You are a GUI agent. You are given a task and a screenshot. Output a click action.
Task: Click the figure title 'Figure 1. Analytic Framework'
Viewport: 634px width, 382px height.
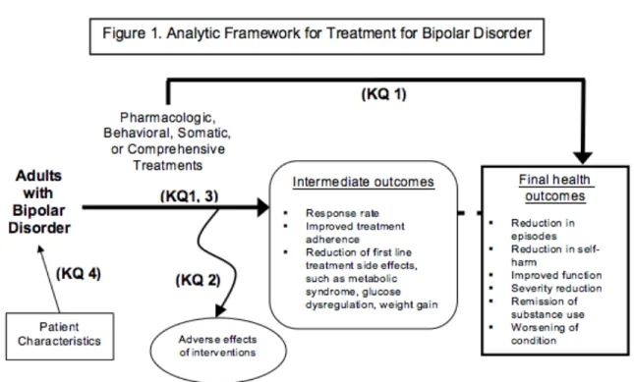[x=202, y=33]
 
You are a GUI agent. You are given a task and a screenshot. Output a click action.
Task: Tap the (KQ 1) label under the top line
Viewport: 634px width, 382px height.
[x=383, y=94]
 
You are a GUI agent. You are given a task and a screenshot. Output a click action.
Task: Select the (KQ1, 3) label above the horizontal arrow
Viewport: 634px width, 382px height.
[x=190, y=196]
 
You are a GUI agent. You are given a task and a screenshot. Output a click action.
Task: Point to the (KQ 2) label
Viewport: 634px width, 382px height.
[x=199, y=280]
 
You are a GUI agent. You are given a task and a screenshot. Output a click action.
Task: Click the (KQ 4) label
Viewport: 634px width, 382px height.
[x=79, y=273]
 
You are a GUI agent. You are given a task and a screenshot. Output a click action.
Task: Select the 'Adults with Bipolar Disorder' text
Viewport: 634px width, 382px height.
[x=39, y=201]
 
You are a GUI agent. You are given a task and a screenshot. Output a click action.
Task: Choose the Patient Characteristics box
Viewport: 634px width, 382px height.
[x=60, y=337]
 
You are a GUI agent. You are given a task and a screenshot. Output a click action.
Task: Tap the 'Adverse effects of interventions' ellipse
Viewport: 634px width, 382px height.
[x=218, y=350]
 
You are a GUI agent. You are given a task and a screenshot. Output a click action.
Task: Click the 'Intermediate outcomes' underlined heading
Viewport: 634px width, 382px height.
[x=364, y=182]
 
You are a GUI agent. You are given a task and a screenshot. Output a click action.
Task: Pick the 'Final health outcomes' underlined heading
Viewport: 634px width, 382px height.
[x=554, y=188]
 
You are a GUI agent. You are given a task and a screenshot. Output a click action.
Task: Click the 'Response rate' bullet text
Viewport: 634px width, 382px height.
[x=342, y=213]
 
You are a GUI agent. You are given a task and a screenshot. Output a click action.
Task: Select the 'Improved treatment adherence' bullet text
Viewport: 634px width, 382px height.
[x=355, y=233]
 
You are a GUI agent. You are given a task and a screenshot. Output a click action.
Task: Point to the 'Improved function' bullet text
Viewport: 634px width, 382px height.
[x=556, y=275]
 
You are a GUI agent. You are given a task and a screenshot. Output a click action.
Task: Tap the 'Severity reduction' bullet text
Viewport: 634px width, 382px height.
[x=556, y=289]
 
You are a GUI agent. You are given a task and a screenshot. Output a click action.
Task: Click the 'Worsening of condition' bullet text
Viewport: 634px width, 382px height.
[x=545, y=334]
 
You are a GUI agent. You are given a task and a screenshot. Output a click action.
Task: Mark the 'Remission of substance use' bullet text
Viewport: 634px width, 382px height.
[x=548, y=307]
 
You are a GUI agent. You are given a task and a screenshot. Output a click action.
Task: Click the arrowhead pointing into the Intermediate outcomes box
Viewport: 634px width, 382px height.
[x=263, y=207]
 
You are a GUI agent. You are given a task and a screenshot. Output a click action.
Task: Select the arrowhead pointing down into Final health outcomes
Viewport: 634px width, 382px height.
[x=583, y=158]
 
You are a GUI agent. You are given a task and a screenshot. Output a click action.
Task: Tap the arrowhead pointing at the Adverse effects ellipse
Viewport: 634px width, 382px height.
[x=220, y=311]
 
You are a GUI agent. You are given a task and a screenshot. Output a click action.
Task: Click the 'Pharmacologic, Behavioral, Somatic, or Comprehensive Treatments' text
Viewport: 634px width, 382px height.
[x=167, y=141]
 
